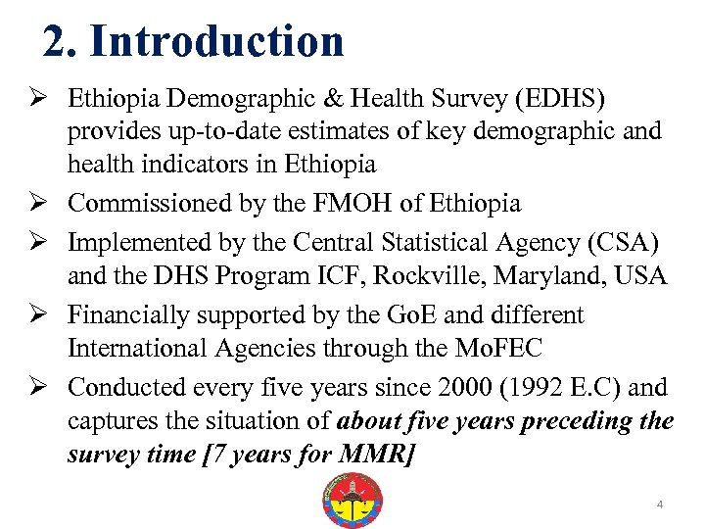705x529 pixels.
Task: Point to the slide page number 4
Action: (660, 505)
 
